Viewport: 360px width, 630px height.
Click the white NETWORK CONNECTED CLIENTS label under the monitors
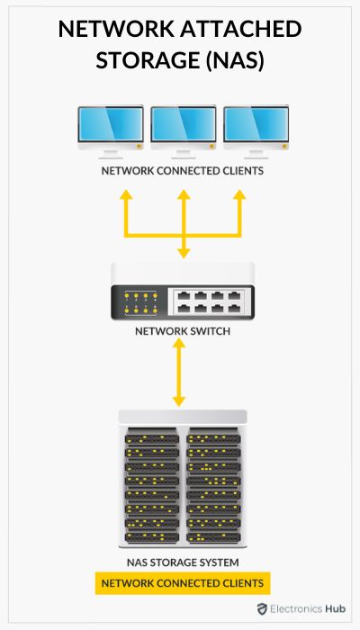[x=182, y=171]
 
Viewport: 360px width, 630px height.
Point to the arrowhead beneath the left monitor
[x=125, y=195]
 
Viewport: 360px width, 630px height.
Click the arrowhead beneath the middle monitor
[x=184, y=195]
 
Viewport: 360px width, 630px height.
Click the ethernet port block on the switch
[x=208, y=299]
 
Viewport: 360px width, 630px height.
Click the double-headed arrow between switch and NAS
[x=180, y=373]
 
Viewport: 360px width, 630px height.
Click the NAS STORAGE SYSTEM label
[x=182, y=562]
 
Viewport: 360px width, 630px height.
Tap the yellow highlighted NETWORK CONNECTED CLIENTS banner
[x=183, y=583]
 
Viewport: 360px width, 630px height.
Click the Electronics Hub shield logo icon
[x=262, y=609]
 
